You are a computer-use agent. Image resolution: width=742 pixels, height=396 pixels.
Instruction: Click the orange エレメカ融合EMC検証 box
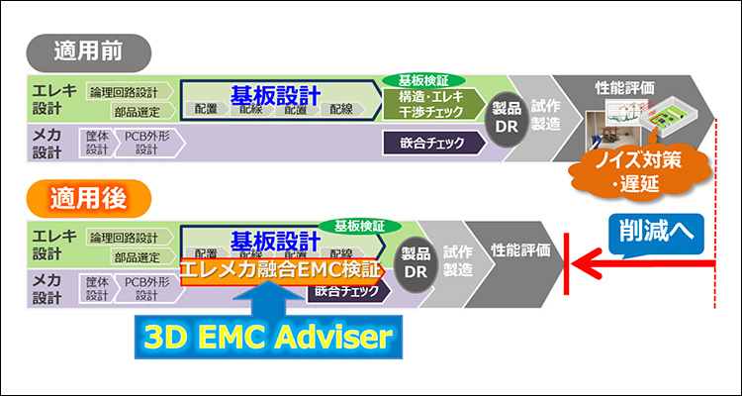pos(280,268)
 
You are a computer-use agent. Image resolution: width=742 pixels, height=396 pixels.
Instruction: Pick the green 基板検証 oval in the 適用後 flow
pos(353,225)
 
